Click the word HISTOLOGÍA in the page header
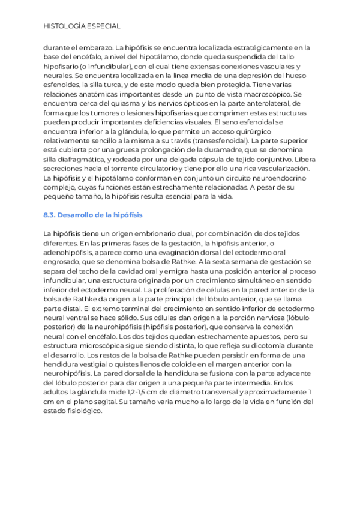coord(66,26)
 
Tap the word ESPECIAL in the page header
coord(105,26)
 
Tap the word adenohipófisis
coord(70,253)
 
